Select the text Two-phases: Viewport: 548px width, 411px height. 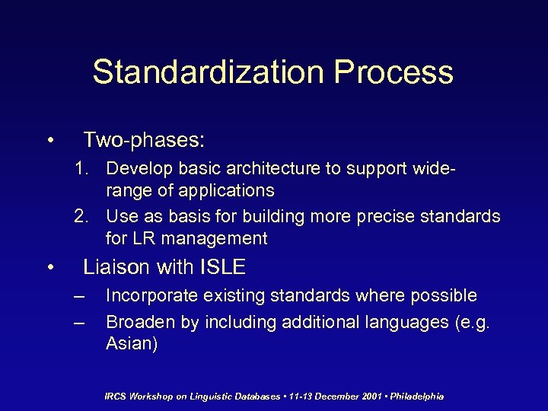144,139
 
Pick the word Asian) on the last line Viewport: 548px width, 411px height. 132,344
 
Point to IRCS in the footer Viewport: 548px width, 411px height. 117,397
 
